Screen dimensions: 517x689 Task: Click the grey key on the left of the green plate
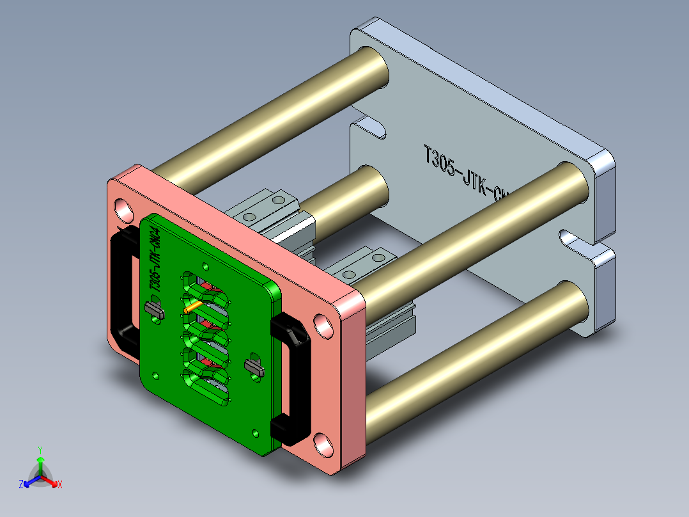pos(155,310)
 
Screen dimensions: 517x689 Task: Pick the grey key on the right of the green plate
pos(254,367)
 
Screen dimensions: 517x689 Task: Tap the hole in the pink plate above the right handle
pos(323,326)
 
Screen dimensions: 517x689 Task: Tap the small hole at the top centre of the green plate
pos(205,265)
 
